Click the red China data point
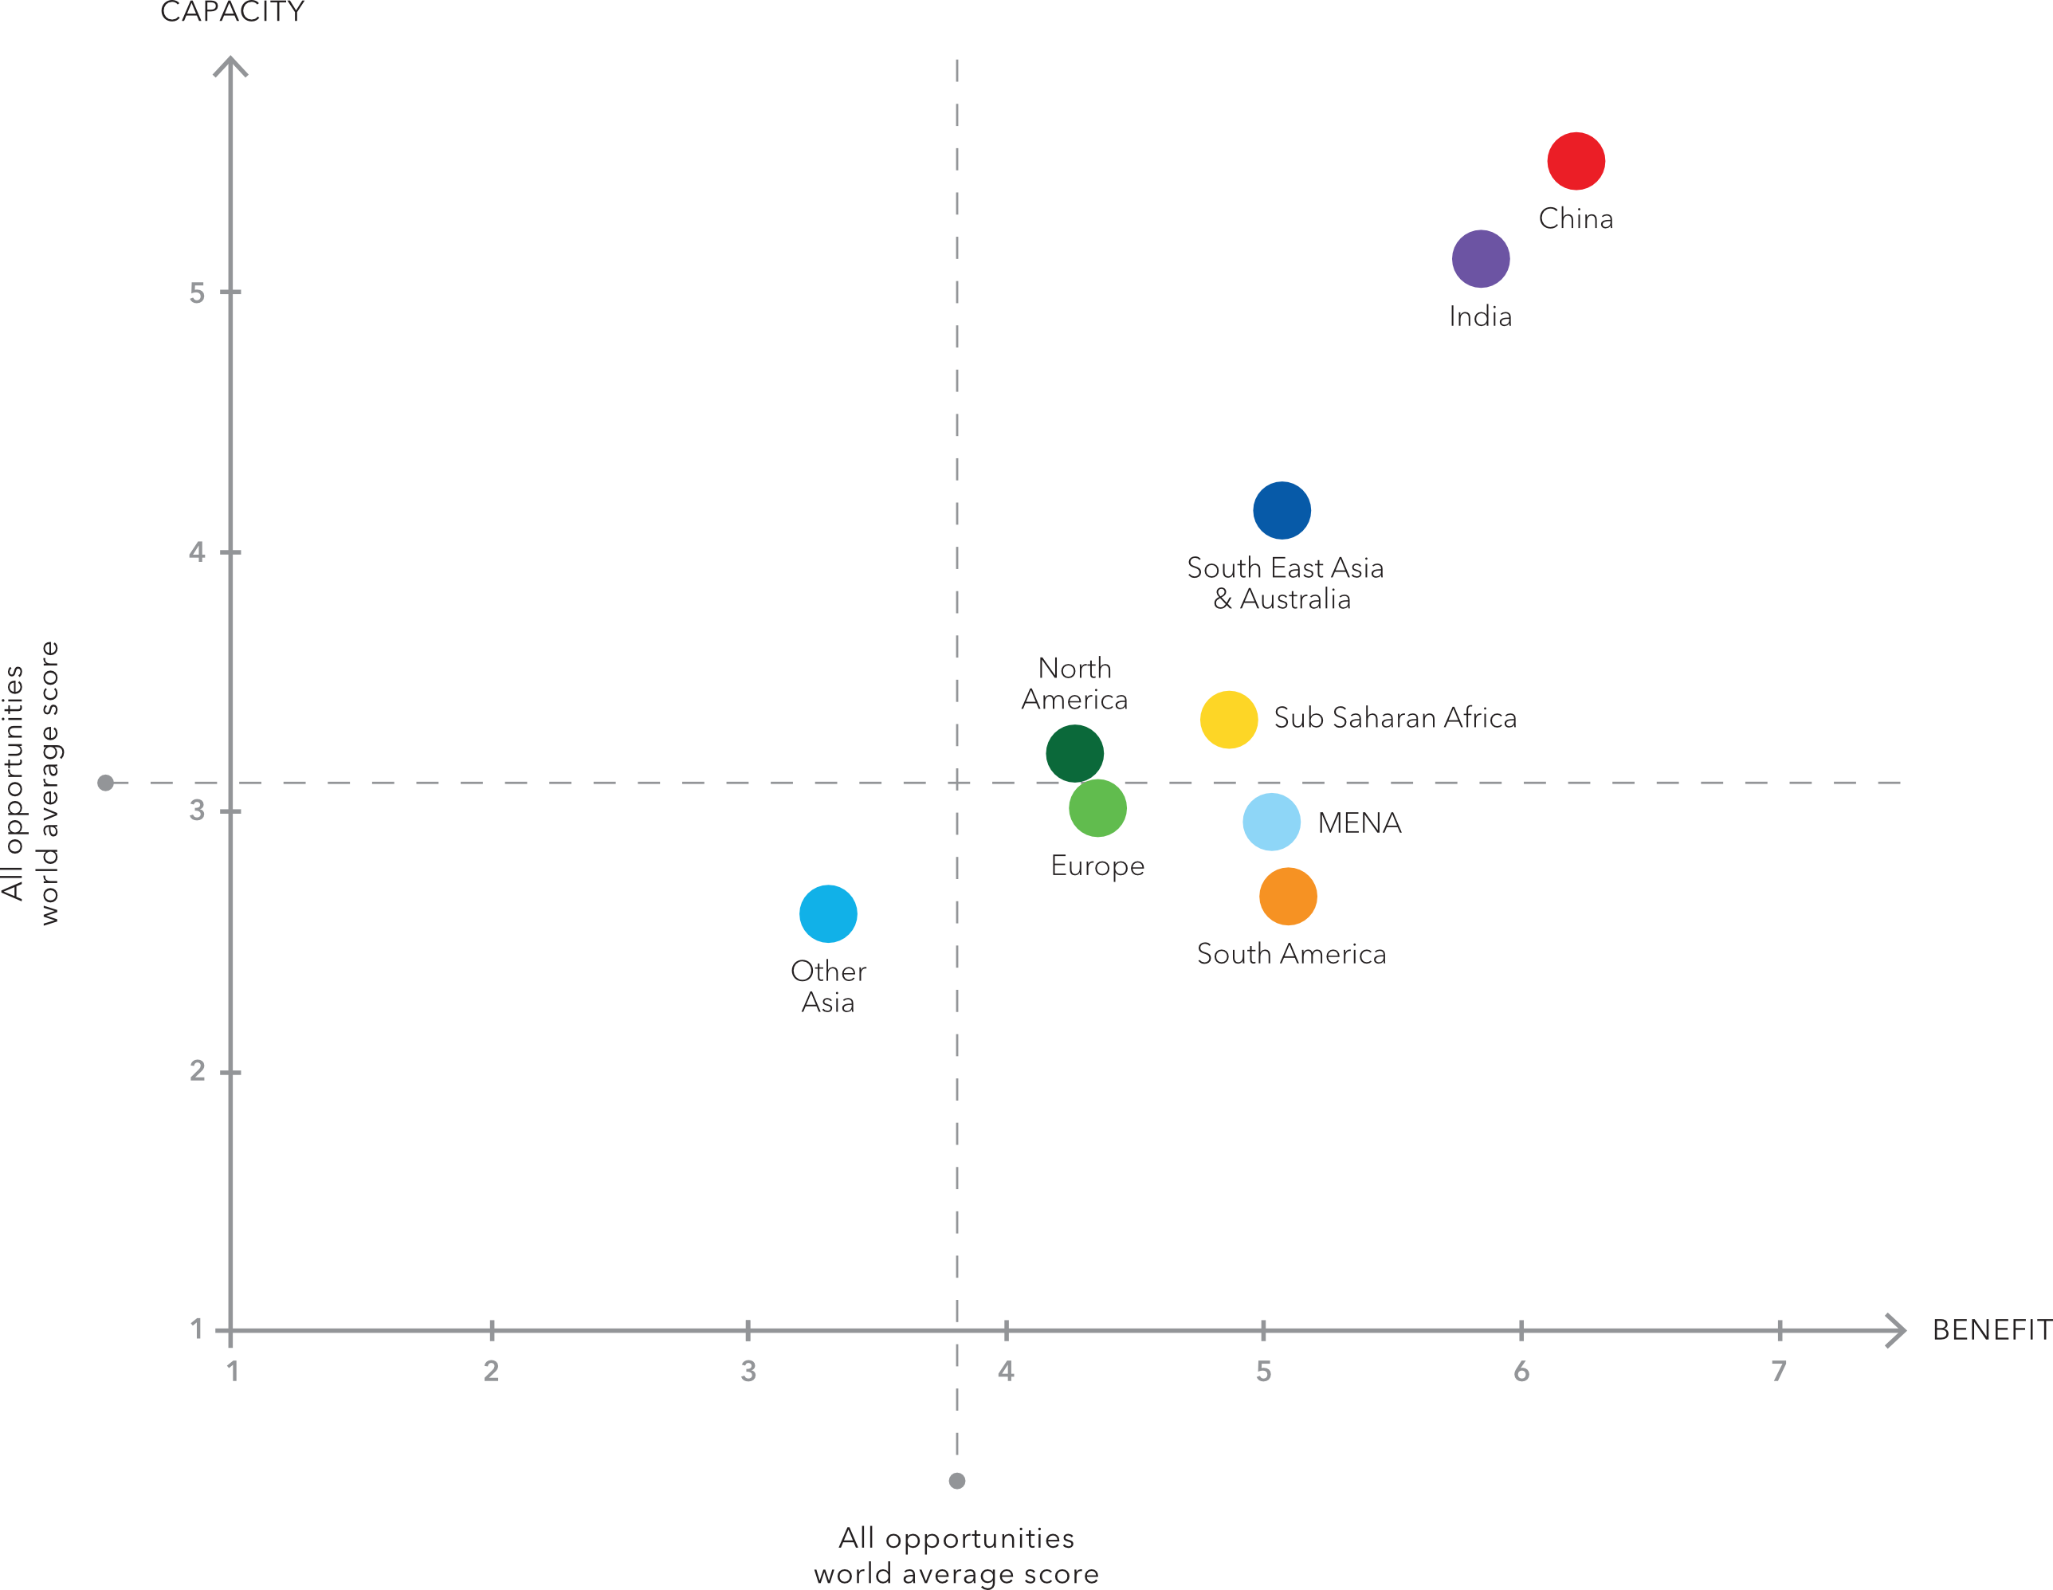click(1576, 161)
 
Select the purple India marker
click(1481, 258)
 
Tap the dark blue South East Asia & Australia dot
click(1282, 511)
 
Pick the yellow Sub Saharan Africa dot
click(1229, 720)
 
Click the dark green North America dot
click(1074, 753)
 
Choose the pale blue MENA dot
click(1271, 822)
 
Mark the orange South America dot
click(1288, 896)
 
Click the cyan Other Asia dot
click(828, 913)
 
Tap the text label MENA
click(1360, 823)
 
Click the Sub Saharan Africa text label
click(1394, 718)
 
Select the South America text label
click(1290, 954)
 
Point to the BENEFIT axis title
click(1991, 1329)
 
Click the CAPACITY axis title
click(232, 12)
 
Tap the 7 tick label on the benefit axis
click(1779, 1372)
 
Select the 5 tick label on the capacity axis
click(197, 293)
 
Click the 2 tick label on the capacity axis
click(197, 1071)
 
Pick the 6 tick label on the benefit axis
click(1521, 1372)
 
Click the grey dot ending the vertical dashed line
click(957, 1481)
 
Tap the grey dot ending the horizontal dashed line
click(106, 783)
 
